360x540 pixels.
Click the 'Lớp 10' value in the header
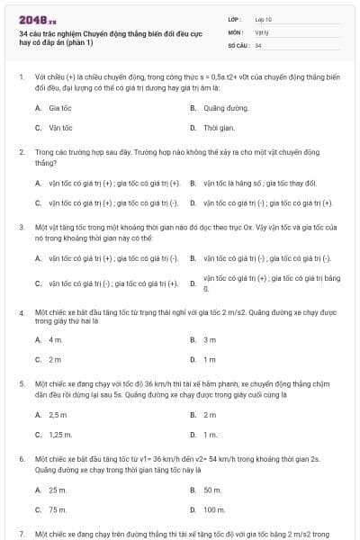pos(264,18)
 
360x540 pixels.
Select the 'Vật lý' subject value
pos(261,31)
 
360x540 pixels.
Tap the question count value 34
pos(258,45)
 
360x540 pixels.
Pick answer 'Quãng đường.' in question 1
pos(225,107)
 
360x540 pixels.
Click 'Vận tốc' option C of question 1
pos(60,128)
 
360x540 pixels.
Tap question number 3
pos(22,229)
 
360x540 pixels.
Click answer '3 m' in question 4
pos(210,339)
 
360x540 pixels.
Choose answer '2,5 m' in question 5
pos(58,415)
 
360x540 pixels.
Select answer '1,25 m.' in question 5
pos(60,435)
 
